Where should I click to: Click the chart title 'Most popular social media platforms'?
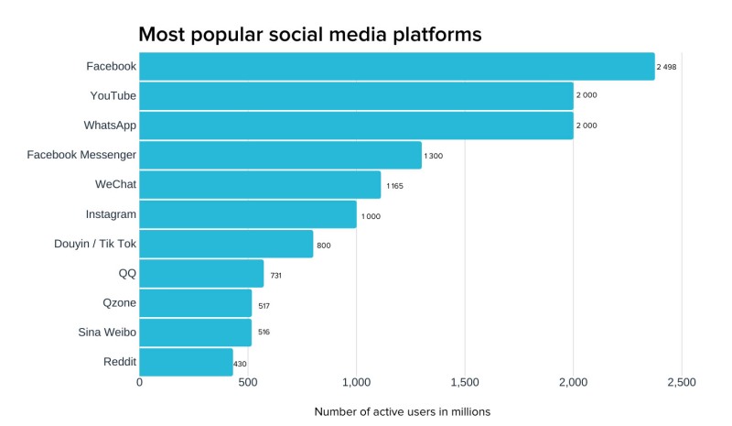point(309,35)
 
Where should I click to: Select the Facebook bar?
point(396,66)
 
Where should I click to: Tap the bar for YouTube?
point(356,95)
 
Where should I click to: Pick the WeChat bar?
point(260,184)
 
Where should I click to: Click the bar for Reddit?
point(186,362)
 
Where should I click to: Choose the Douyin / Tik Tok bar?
point(226,244)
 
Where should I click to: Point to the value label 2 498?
point(667,67)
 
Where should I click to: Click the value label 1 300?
point(433,156)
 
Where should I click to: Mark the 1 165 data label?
point(394,186)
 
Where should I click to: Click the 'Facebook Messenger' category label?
point(81,155)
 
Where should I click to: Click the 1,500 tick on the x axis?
point(465,383)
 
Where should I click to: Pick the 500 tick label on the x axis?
point(248,383)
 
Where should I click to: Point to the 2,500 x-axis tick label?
point(682,383)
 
